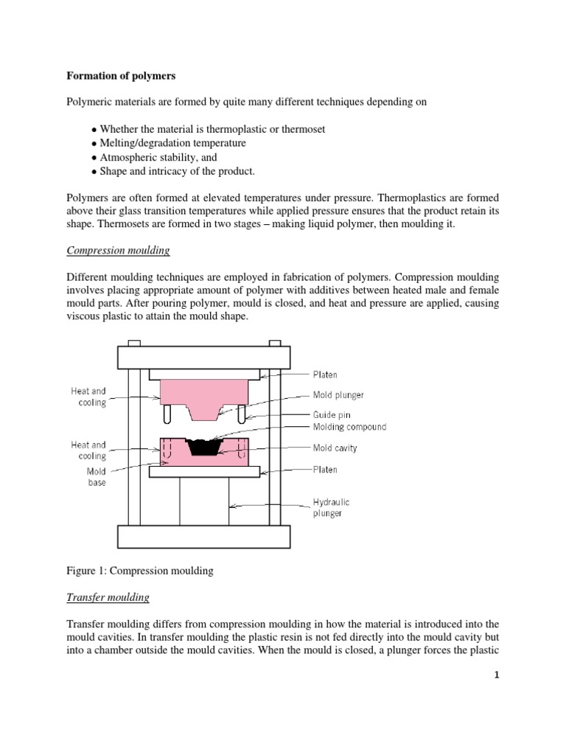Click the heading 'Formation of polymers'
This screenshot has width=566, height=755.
[120, 75]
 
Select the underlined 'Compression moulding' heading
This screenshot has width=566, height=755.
[118, 251]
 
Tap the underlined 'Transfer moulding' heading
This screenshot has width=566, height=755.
[108, 597]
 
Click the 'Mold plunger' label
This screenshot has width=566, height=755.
[338, 395]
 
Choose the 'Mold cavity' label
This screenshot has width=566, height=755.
[335, 447]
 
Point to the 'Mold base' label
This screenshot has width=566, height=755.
[97, 476]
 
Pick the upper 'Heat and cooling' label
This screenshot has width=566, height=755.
[88, 397]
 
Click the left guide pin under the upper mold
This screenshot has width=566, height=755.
[169, 414]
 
